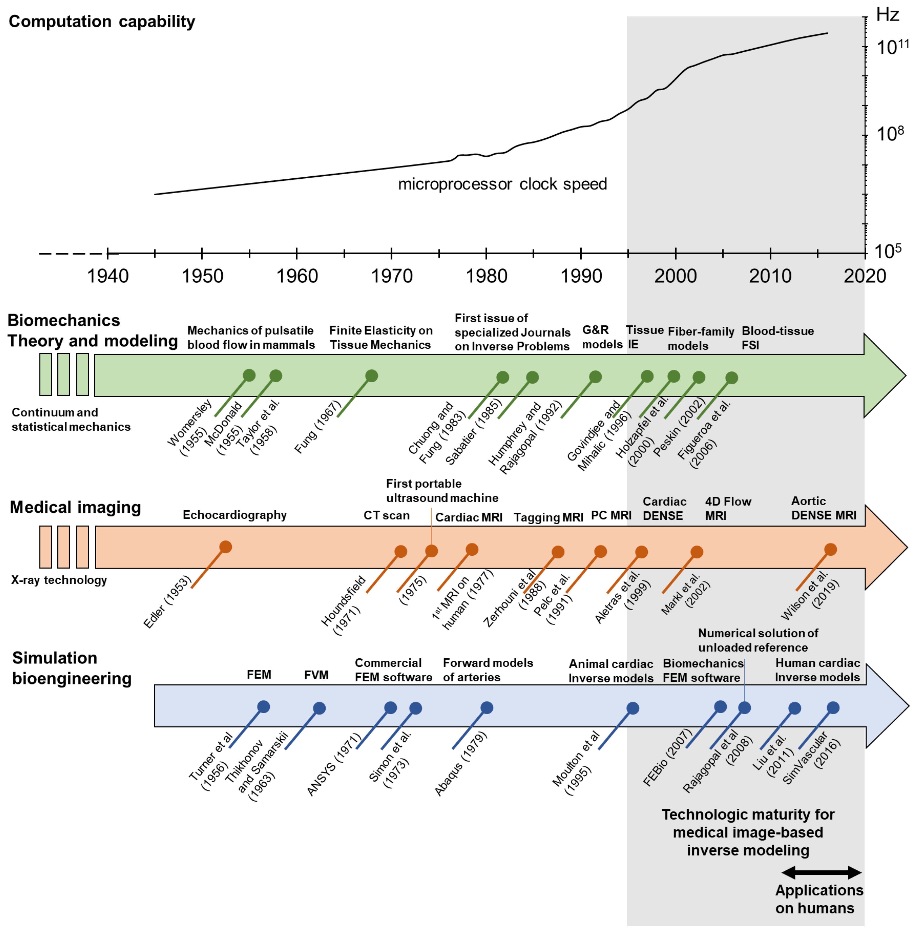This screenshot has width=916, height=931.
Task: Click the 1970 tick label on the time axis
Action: coord(392,276)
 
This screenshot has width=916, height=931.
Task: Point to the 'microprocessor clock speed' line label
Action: coord(502,184)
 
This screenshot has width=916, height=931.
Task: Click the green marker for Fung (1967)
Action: coord(371,376)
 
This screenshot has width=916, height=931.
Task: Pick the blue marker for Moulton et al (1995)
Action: coord(633,708)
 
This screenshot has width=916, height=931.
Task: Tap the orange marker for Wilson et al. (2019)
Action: coord(830,549)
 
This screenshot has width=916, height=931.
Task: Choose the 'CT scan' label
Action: coord(386,515)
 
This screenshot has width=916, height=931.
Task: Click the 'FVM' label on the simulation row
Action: coord(316,675)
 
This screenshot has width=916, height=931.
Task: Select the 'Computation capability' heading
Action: coord(102,22)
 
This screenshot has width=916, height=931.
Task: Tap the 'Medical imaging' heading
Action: coord(75,508)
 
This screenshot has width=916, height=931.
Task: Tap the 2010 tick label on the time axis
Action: coord(770,276)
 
